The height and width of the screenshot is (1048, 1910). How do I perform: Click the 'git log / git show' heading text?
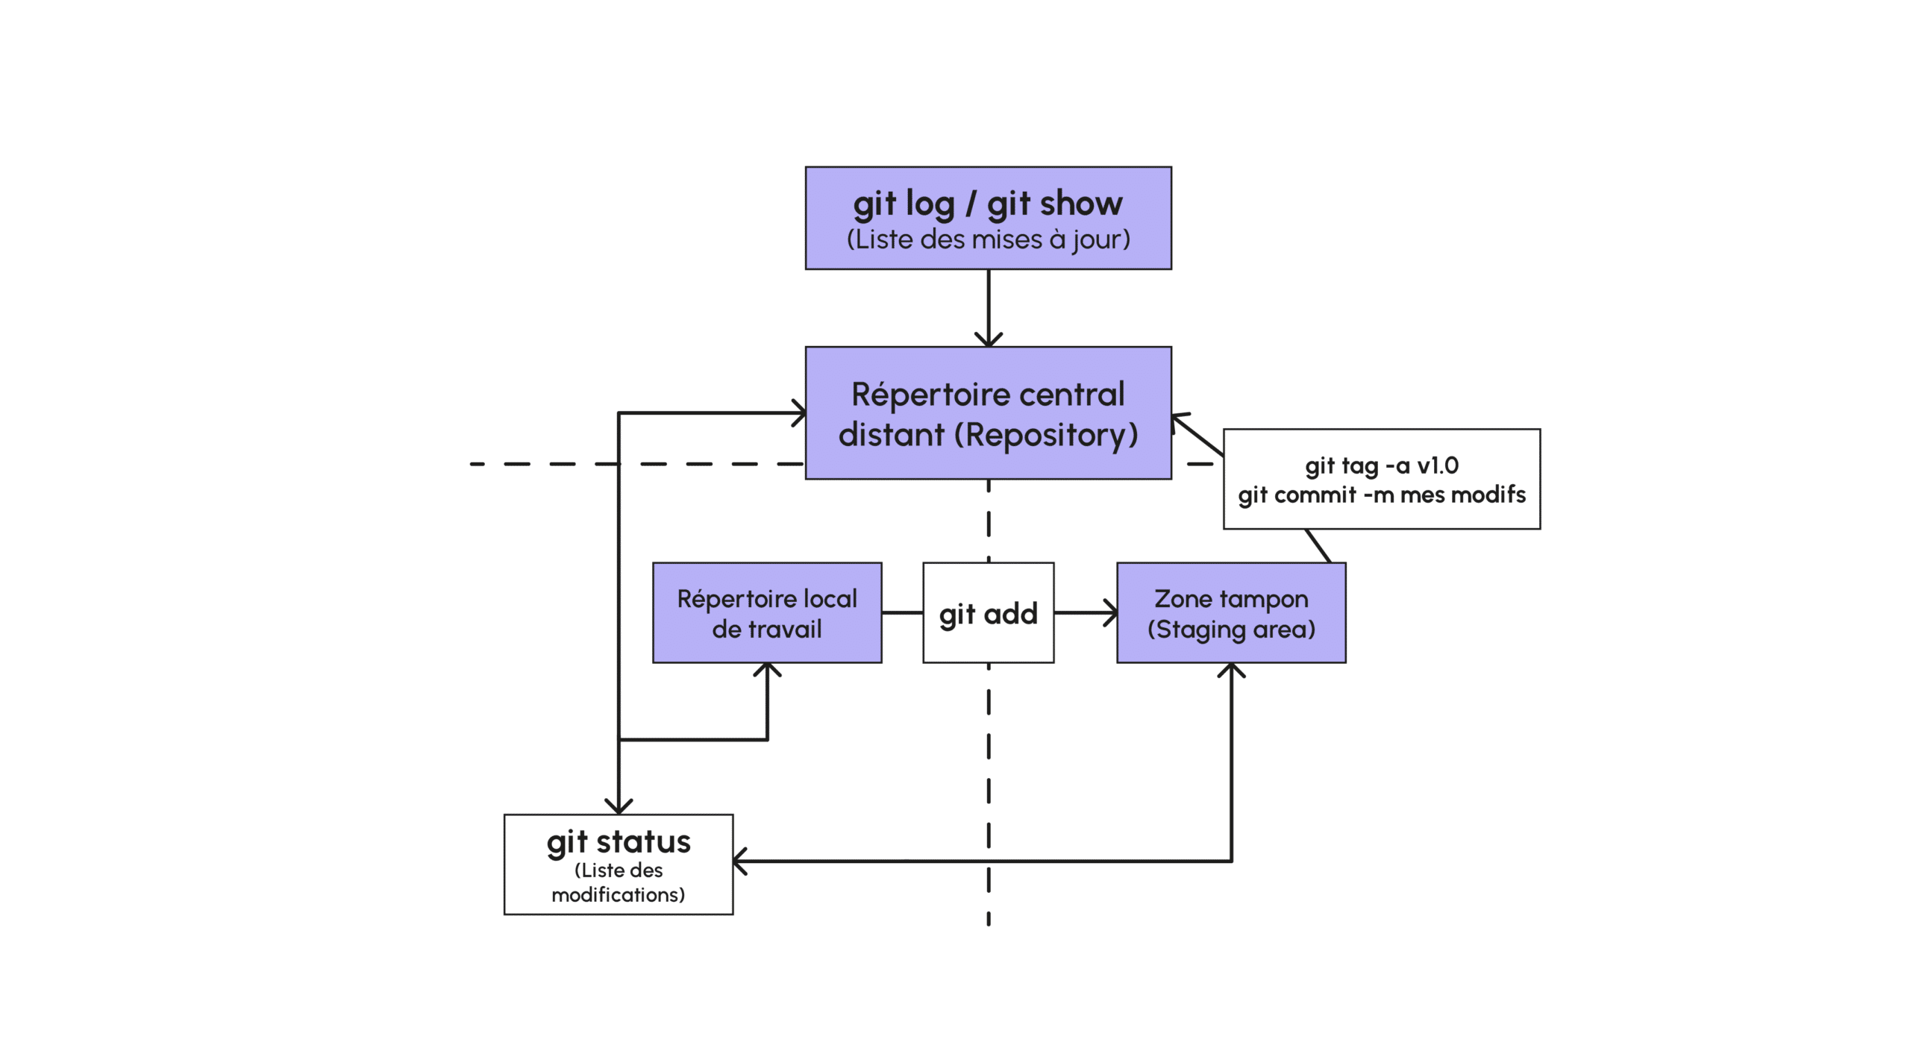point(987,203)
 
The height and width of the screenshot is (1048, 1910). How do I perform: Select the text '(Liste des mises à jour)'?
point(987,239)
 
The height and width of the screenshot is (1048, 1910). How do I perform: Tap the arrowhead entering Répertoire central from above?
point(988,341)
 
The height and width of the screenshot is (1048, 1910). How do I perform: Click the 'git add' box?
point(988,613)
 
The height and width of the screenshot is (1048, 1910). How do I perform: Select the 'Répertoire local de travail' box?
point(766,613)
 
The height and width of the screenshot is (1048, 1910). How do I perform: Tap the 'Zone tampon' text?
point(1230,598)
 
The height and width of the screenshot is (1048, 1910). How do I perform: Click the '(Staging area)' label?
point(1230,630)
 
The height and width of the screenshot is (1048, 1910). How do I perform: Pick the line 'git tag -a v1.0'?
point(1381,465)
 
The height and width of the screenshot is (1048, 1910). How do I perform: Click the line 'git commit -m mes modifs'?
point(1381,495)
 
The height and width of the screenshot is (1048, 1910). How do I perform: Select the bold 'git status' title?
point(618,841)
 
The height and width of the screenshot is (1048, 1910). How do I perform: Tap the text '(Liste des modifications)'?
point(618,882)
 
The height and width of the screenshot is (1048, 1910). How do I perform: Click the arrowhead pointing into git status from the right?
point(739,861)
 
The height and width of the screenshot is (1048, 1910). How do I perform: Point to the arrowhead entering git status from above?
point(619,808)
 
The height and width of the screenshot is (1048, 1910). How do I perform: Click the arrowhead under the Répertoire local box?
point(767,668)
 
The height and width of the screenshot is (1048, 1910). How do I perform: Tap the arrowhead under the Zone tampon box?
point(1231,669)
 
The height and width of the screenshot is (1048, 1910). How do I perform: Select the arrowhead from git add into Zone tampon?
point(1112,613)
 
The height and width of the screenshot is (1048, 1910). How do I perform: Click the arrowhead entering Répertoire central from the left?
point(800,412)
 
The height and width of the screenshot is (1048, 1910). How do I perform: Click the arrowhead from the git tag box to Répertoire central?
point(1178,418)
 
